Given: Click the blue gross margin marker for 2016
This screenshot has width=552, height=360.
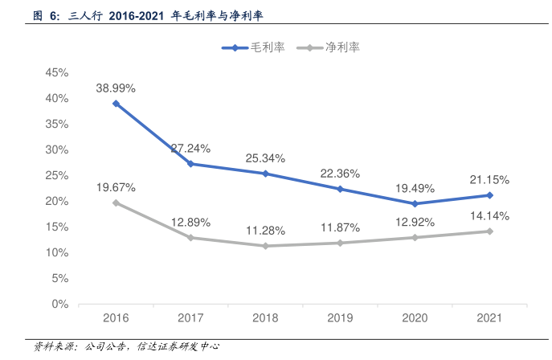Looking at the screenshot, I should click(x=116, y=104).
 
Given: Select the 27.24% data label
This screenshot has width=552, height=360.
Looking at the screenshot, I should click(x=190, y=149).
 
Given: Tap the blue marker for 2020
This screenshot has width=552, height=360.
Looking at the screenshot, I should click(x=415, y=203).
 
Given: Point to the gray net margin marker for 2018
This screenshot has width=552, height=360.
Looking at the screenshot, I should click(x=265, y=246).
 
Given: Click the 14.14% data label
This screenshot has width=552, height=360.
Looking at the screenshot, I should click(x=489, y=215).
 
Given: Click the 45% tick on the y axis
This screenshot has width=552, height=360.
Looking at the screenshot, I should click(x=56, y=72).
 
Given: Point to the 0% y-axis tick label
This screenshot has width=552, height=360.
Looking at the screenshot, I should click(x=59, y=304).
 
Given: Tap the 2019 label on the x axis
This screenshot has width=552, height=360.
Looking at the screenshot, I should click(x=340, y=318).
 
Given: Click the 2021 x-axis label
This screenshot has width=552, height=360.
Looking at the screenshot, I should click(x=489, y=318).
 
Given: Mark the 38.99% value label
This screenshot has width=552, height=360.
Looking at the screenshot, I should click(x=116, y=88).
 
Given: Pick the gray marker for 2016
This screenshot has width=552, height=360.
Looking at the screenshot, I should click(x=116, y=202).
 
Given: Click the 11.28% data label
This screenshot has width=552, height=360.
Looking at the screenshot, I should click(x=265, y=231).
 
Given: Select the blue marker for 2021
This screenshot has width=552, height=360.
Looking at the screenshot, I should click(x=489, y=195).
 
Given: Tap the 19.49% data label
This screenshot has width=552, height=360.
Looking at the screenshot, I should click(x=415, y=188).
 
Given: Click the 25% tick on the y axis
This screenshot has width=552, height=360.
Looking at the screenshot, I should click(x=56, y=175).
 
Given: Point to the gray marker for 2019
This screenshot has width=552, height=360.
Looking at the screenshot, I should click(x=340, y=243).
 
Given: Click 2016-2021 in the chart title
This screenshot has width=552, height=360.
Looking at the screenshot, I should click(x=136, y=15).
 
